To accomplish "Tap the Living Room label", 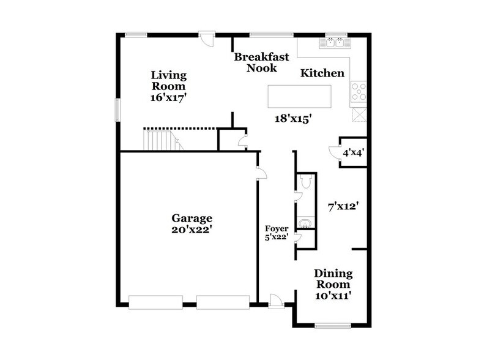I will (x=169, y=86).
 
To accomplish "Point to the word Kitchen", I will (x=322, y=73).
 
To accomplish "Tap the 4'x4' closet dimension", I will (x=353, y=153).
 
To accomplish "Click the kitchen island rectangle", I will (x=299, y=96).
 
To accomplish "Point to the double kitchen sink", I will (x=335, y=43).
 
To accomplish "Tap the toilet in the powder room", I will (x=307, y=182).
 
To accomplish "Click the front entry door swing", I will (x=277, y=300).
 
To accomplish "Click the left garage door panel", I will (x=155, y=302).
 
